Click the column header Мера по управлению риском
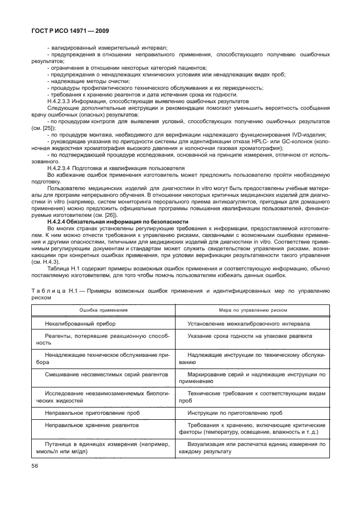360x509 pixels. [252, 310]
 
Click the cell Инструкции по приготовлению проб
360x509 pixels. [239, 413]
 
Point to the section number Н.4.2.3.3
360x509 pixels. [63, 101]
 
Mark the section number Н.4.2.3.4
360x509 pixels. [63, 168]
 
